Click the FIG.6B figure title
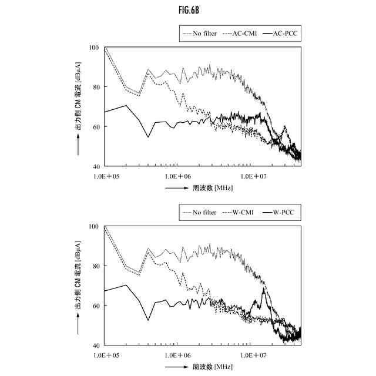187,10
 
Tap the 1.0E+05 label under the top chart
106,175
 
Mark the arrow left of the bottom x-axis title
177,367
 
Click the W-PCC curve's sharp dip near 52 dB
148,320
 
